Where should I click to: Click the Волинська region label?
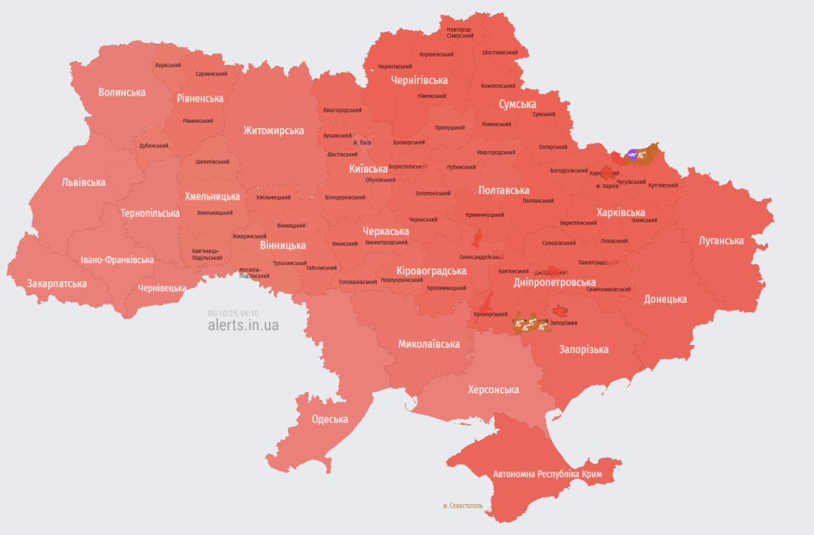(x=121, y=92)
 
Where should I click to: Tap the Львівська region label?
(x=84, y=182)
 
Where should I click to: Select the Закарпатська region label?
(x=57, y=284)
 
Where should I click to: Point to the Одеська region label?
(x=329, y=419)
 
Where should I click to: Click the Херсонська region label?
(x=493, y=390)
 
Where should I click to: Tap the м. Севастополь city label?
(x=463, y=506)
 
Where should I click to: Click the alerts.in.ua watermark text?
(x=243, y=325)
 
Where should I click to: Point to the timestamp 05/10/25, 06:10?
(x=233, y=313)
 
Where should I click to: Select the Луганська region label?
(x=721, y=241)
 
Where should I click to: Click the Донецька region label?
(x=665, y=299)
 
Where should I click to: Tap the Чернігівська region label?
(x=419, y=80)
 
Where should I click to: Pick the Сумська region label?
(x=517, y=104)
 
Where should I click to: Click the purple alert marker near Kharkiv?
(x=632, y=155)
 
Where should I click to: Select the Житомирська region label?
(x=274, y=130)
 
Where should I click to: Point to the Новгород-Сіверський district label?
(x=459, y=32)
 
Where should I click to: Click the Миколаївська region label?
(x=429, y=344)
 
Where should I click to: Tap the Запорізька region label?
(x=583, y=349)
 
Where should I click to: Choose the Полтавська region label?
(x=503, y=191)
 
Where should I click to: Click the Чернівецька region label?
(x=162, y=289)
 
